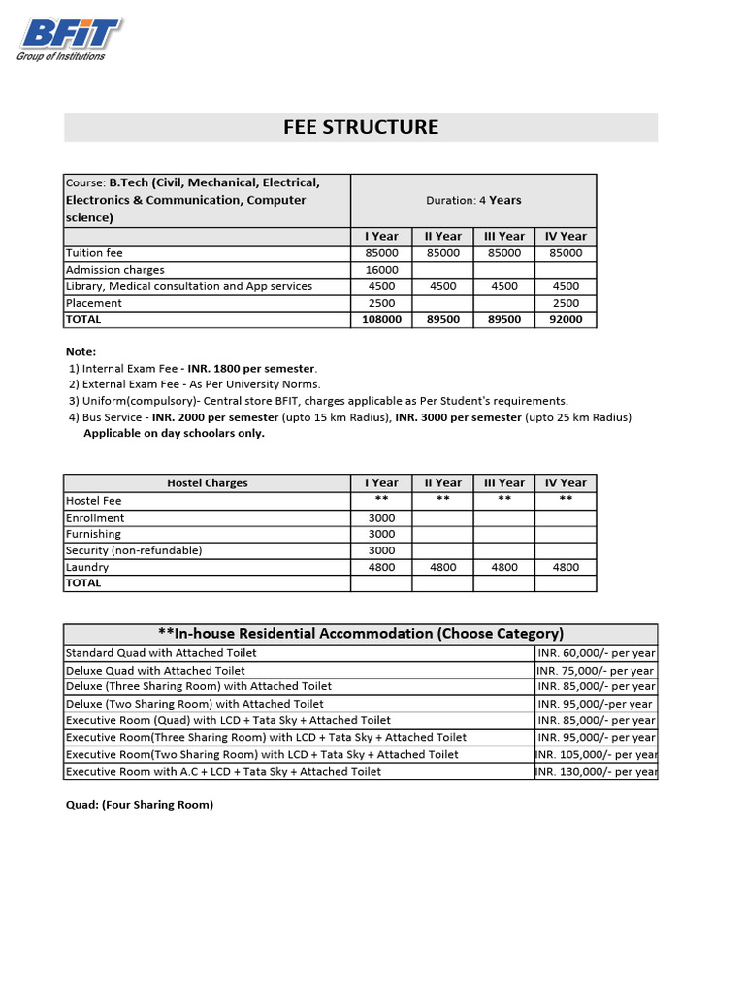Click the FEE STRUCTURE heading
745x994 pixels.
tap(361, 127)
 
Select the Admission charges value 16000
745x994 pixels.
tap(382, 270)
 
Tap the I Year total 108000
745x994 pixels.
tap(382, 319)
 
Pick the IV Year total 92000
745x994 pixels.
tap(566, 319)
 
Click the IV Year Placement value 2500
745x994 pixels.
tap(566, 303)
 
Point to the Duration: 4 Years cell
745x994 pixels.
tap(473, 201)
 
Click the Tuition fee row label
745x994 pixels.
tap(94, 253)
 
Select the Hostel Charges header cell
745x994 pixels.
tap(207, 482)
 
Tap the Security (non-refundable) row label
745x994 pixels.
tap(134, 550)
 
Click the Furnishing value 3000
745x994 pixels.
tap(382, 534)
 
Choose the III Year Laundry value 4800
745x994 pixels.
tap(504, 567)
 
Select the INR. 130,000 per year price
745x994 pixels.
tap(596, 772)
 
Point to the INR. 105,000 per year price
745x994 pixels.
tap(596, 754)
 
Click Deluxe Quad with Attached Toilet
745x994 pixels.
tap(155, 671)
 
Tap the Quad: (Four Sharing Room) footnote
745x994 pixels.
tap(139, 805)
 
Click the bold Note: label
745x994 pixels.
tap(81, 351)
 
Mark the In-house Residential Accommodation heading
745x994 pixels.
tap(361, 634)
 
